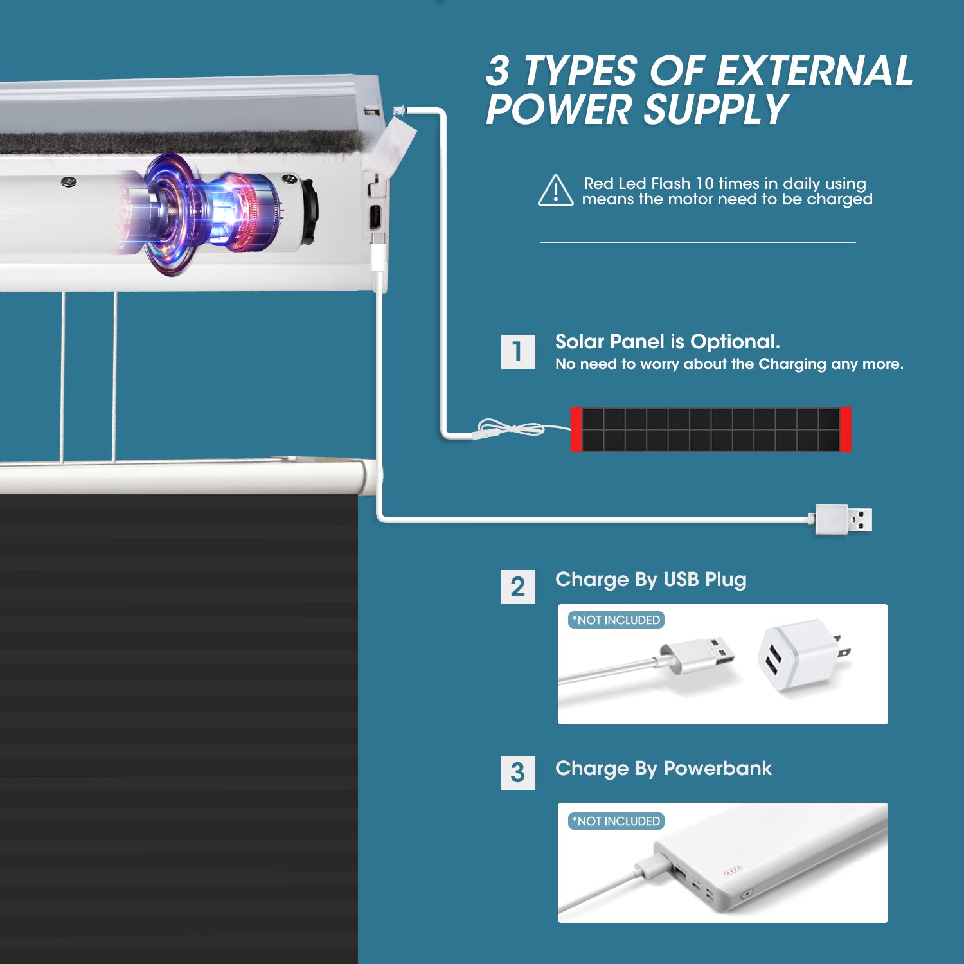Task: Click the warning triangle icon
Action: (x=555, y=192)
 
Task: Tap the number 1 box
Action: (x=517, y=352)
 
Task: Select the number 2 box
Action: (x=517, y=587)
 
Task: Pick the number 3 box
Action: (x=517, y=772)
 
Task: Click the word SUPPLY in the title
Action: (x=715, y=109)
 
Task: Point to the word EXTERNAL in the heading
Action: (x=814, y=71)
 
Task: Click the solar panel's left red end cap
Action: (x=576, y=429)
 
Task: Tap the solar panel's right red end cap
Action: (x=845, y=429)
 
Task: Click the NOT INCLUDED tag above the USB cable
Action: (x=616, y=620)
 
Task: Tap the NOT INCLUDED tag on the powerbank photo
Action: (x=616, y=821)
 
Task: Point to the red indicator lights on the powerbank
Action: (x=733, y=871)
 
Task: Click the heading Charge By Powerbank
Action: (x=663, y=769)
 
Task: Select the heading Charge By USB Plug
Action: (x=650, y=580)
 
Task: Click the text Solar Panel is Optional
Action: (x=667, y=342)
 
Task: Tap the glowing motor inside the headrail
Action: (x=206, y=212)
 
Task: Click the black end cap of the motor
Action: (x=310, y=212)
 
